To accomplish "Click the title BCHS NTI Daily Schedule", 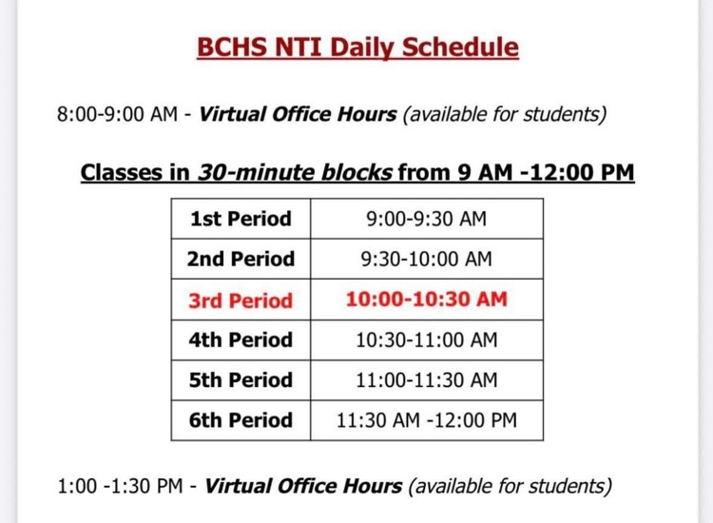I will (357, 47).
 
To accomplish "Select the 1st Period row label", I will (241, 219).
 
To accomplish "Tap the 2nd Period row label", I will (241, 259).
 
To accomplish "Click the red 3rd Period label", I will (241, 300).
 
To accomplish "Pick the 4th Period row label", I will (241, 339).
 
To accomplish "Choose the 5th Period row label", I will (241, 380).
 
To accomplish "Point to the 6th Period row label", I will (241, 420).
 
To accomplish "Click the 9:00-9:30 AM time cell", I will (426, 219).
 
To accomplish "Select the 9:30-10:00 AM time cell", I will (426, 259).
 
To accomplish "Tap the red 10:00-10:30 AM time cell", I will (426, 300).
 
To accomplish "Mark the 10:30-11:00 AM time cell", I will (426, 339).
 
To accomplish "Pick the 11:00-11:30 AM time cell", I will (426, 380).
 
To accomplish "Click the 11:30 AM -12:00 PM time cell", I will (426, 420).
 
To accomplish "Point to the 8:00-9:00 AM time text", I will (117, 115).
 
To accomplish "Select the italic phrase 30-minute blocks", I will (295, 173).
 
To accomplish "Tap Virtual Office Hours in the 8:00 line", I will (298, 115).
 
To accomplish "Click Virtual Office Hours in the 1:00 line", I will (303, 487).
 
